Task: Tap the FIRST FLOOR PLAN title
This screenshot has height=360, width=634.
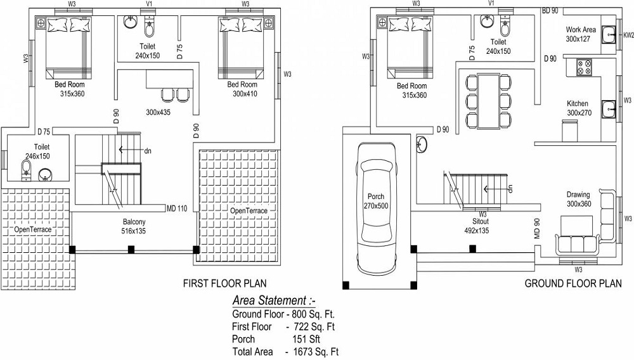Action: [225, 283]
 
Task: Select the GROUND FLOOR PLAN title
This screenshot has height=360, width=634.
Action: [573, 283]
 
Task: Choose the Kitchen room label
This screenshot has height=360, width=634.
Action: [577, 103]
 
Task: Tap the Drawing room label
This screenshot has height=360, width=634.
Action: [578, 195]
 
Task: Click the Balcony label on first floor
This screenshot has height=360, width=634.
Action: [134, 222]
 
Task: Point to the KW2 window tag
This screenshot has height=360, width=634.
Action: [628, 36]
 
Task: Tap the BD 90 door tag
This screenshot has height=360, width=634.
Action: [549, 11]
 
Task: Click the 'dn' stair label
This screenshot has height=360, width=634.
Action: [148, 151]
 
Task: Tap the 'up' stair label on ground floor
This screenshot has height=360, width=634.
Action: [509, 188]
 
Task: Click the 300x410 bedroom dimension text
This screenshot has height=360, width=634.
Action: [242, 94]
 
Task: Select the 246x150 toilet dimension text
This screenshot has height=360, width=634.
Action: [37, 155]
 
